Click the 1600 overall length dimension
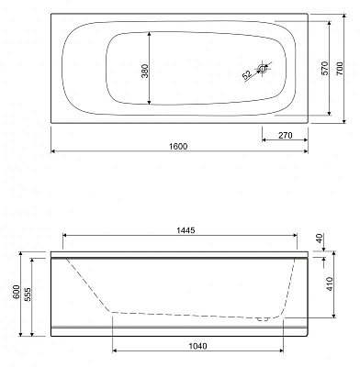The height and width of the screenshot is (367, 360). [x=178, y=147]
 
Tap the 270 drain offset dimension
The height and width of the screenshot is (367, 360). [x=286, y=135]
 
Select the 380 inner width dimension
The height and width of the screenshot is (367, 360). [x=145, y=71]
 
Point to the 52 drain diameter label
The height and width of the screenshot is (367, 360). [x=247, y=75]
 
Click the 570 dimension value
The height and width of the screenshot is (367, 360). [x=325, y=68]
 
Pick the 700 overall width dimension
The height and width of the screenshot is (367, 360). [x=340, y=68]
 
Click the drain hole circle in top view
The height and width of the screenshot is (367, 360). [x=263, y=69]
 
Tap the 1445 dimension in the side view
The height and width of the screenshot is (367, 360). [x=186, y=230]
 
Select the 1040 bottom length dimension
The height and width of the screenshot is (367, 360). [x=197, y=346]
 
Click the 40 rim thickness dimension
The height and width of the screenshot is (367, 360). [x=320, y=239]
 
